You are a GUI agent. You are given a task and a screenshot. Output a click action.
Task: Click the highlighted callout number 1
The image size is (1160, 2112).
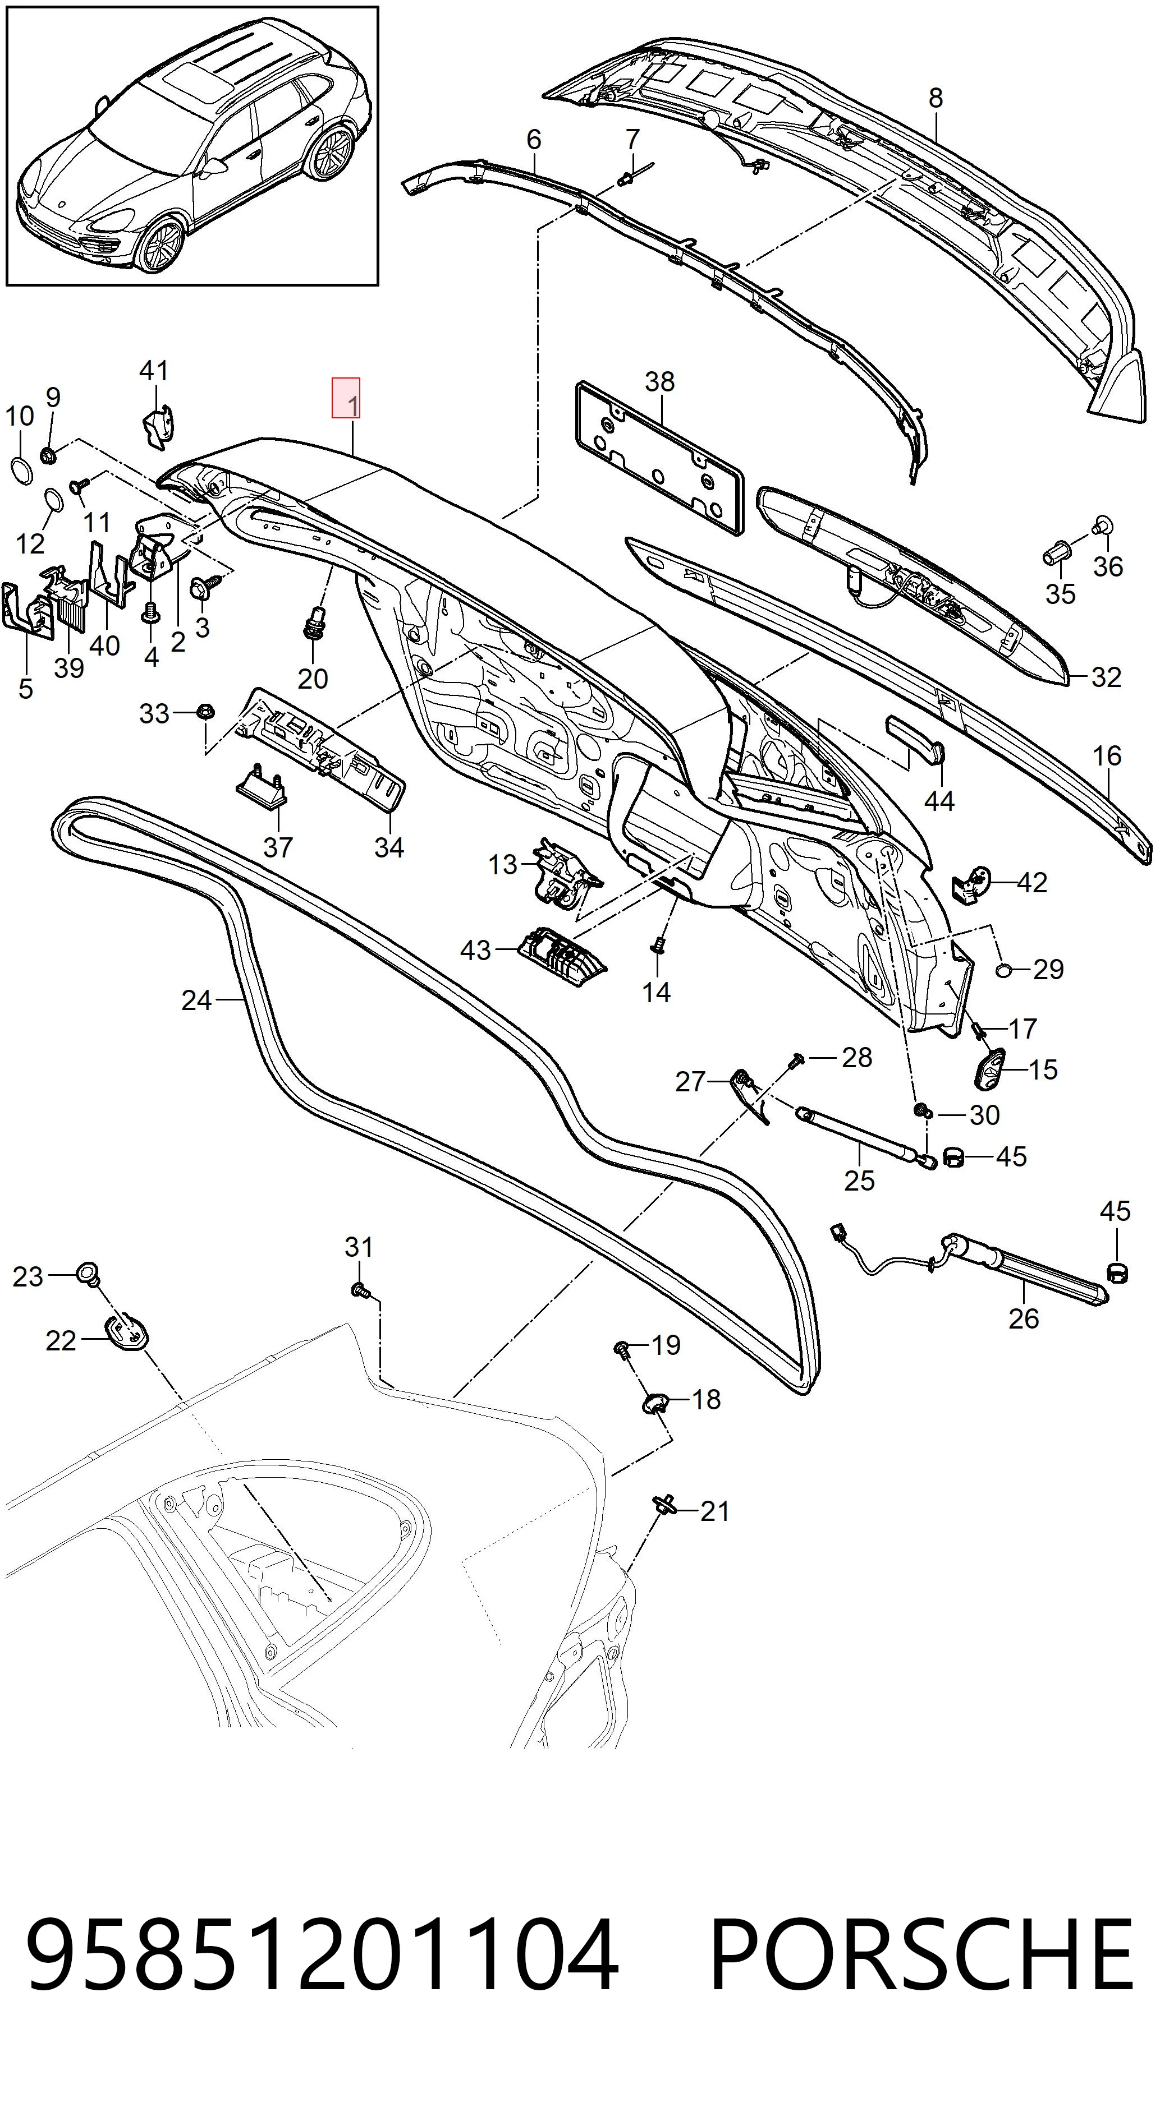coord(345,398)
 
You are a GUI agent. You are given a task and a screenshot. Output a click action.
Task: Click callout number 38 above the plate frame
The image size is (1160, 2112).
coord(659,381)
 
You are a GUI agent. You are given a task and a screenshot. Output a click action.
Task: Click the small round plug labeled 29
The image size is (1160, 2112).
coord(1004,971)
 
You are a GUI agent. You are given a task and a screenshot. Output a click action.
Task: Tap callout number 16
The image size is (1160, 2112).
coord(1107,756)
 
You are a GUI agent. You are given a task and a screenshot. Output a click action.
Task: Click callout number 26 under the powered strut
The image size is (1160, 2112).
coord(1023,1318)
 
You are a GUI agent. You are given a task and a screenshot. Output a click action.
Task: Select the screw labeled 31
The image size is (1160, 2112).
coord(359,1290)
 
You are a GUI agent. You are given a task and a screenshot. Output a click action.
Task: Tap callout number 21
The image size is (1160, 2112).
coord(714,1511)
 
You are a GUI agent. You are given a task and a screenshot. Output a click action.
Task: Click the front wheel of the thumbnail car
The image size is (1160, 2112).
coord(160,245)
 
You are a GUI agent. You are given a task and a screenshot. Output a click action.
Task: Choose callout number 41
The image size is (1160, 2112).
coord(153,371)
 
